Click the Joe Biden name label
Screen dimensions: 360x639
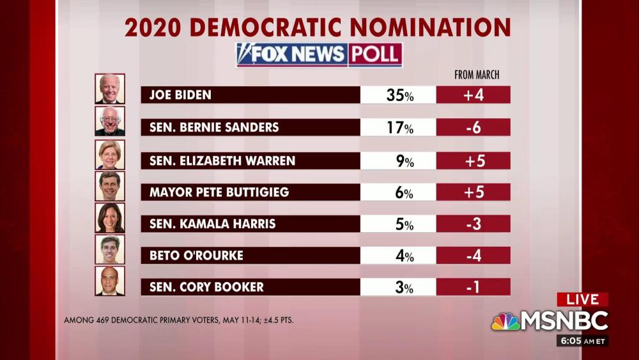point(180,95)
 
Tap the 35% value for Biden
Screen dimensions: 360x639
point(399,95)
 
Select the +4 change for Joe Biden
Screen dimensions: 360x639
point(473,95)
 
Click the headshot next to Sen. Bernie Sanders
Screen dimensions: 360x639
point(110,121)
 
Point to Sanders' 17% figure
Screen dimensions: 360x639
point(399,128)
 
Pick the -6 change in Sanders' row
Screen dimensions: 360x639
point(473,128)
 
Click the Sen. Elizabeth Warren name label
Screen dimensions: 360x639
point(222,160)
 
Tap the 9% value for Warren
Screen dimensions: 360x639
point(404,160)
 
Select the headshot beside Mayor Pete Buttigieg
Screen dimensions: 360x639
point(110,186)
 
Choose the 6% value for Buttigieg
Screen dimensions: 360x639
point(404,192)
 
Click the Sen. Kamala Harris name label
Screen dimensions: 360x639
point(212,224)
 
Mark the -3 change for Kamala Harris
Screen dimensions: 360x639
point(473,224)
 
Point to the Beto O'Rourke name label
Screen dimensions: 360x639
point(196,256)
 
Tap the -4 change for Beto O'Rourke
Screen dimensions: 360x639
point(473,256)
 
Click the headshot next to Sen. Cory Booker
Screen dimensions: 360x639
point(110,281)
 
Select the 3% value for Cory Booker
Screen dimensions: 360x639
point(404,287)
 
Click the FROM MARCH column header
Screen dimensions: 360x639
point(477,75)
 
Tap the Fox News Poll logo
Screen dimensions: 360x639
point(319,55)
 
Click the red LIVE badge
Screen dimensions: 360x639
point(582,299)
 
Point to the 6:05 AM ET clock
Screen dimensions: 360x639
point(582,341)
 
